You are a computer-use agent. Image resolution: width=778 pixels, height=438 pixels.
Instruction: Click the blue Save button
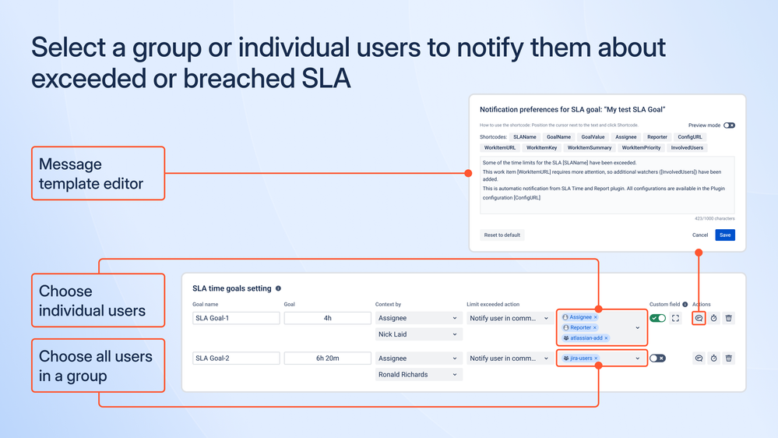point(725,235)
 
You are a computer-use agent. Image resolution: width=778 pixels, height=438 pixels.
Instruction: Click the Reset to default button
point(502,235)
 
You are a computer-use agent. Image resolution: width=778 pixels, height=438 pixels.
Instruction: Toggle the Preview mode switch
point(729,125)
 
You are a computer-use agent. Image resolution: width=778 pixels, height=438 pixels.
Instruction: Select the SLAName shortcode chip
point(524,136)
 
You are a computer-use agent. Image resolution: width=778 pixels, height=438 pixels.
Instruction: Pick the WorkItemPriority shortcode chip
point(642,147)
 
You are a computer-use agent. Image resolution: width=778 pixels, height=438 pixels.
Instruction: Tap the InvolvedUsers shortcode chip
point(687,147)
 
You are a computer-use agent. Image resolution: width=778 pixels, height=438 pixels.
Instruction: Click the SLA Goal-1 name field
point(236,318)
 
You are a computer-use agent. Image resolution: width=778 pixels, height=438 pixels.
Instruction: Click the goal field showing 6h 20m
point(327,359)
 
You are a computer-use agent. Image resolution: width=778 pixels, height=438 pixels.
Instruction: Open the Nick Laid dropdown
point(418,334)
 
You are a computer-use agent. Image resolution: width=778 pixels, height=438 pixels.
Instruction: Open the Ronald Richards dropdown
point(418,375)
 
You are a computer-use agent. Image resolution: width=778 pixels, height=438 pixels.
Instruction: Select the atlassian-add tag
point(585,338)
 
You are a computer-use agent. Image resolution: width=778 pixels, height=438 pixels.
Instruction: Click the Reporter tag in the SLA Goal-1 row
point(580,328)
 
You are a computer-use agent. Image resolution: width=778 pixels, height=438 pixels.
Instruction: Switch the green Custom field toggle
point(658,318)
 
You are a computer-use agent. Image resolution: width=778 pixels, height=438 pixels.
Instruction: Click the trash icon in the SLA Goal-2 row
point(728,359)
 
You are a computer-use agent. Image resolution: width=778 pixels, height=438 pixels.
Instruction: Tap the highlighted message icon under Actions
point(699,318)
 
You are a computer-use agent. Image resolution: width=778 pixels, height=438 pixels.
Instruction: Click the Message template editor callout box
point(97,174)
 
